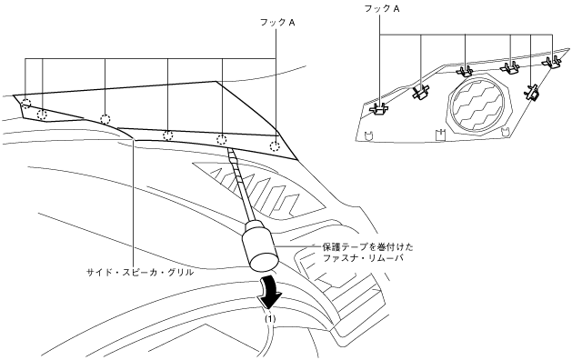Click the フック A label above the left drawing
click(x=277, y=23)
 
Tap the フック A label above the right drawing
click(x=382, y=9)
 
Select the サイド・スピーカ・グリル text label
click(x=140, y=272)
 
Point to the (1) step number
click(x=270, y=318)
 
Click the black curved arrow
click(x=270, y=292)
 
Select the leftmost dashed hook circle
click(x=25, y=104)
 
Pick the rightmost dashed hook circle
click(x=276, y=146)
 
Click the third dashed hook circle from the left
click(x=105, y=119)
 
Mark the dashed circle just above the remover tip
click(x=222, y=140)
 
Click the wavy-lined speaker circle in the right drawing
click(x=478, y=104)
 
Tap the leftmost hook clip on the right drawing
click(x=378, y=109)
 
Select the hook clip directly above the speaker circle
click(x=465, y=70)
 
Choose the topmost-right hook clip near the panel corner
click(x=552, y=62)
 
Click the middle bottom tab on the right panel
click(x=440, y=135)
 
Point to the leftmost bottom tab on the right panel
click(x=369, y=135)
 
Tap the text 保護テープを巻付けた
click(x=368, y=247)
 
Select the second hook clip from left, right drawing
click(x=420, y=92)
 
